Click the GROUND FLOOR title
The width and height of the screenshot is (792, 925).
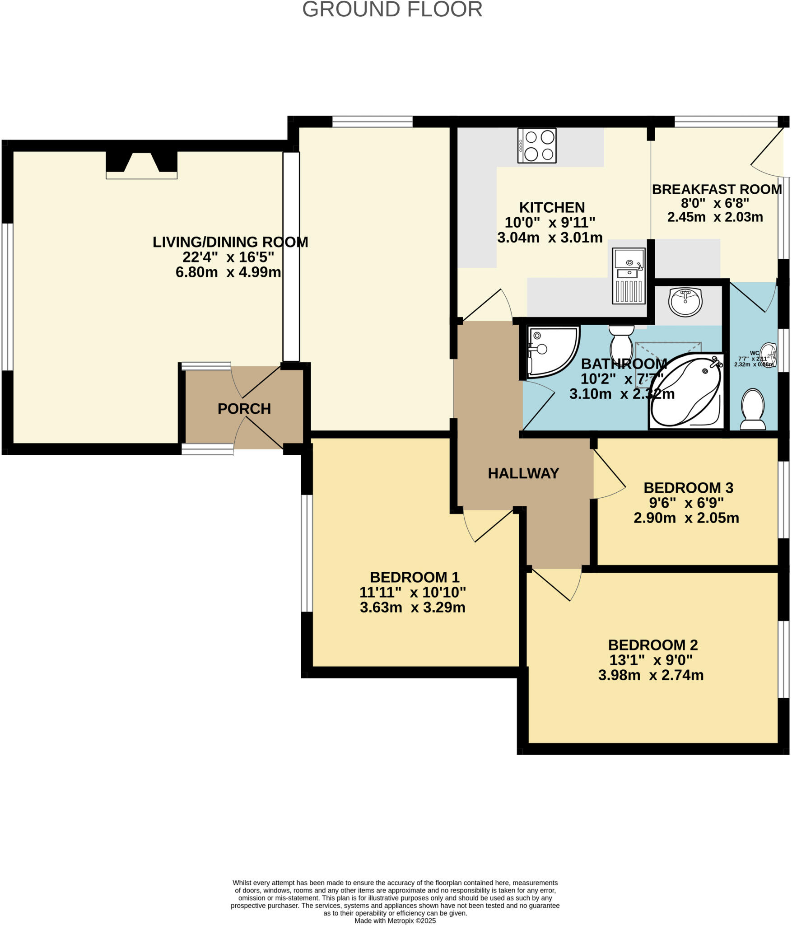[392, 10]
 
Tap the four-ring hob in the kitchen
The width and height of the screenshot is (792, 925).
[537, 145]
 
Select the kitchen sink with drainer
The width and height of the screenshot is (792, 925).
[629, 276]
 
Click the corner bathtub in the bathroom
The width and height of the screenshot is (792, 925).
[685, 391]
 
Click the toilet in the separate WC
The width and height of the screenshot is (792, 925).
[753, 409]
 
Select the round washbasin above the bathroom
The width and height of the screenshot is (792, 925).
[685, 302]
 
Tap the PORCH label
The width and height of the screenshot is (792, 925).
[244, 409]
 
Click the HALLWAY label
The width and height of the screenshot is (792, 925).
[523, 473]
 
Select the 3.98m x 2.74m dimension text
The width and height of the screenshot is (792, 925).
[651, 688]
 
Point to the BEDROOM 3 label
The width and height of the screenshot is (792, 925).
[688, 488]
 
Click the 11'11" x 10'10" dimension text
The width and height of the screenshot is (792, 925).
[412, 592]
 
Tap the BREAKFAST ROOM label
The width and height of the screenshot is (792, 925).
[717, 189]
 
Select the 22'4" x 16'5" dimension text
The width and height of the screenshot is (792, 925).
[228, 257]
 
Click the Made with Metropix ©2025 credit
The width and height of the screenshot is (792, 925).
[395, 920]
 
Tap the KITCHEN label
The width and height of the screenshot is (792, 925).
[552, 207]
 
